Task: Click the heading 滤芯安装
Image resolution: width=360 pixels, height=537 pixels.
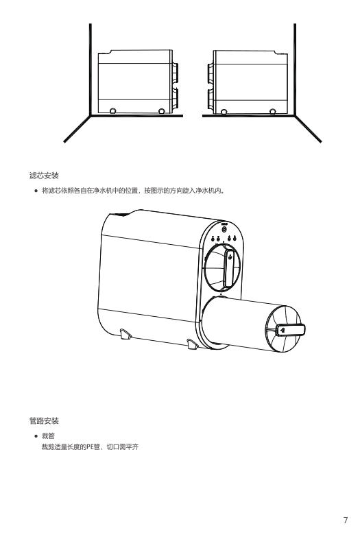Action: (x=44, y=176)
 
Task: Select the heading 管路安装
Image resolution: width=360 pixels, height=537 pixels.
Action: (x=44, y=420)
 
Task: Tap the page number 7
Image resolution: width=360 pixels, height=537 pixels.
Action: (x=346, y=521)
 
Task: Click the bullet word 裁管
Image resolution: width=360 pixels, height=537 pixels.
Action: (x=48, y=436)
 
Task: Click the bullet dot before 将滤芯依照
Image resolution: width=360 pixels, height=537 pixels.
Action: (x=36, y=191)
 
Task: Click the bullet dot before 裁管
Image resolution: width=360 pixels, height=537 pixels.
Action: (x=36, y=436)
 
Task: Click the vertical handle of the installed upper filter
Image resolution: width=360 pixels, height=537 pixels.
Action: (x=230, y=268)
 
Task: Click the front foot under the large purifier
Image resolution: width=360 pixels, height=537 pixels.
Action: (x=192, y=344)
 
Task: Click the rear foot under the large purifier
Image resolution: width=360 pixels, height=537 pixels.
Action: (x=125, y=334)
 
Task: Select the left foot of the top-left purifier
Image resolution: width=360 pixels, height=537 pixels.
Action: (x=112, y=110)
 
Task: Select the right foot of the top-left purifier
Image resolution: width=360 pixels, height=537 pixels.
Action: (x=162, y=110)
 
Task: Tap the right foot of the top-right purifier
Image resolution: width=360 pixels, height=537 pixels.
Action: (x=273, y=111)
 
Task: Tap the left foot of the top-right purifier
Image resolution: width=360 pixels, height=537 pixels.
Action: (x=224, y=111)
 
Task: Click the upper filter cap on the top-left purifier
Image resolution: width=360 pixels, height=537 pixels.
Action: (x=175, y=72)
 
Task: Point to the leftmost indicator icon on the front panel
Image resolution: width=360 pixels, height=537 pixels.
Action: (x=213, y=239)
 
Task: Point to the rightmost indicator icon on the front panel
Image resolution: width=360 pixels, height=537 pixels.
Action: (x=235, y=239)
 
